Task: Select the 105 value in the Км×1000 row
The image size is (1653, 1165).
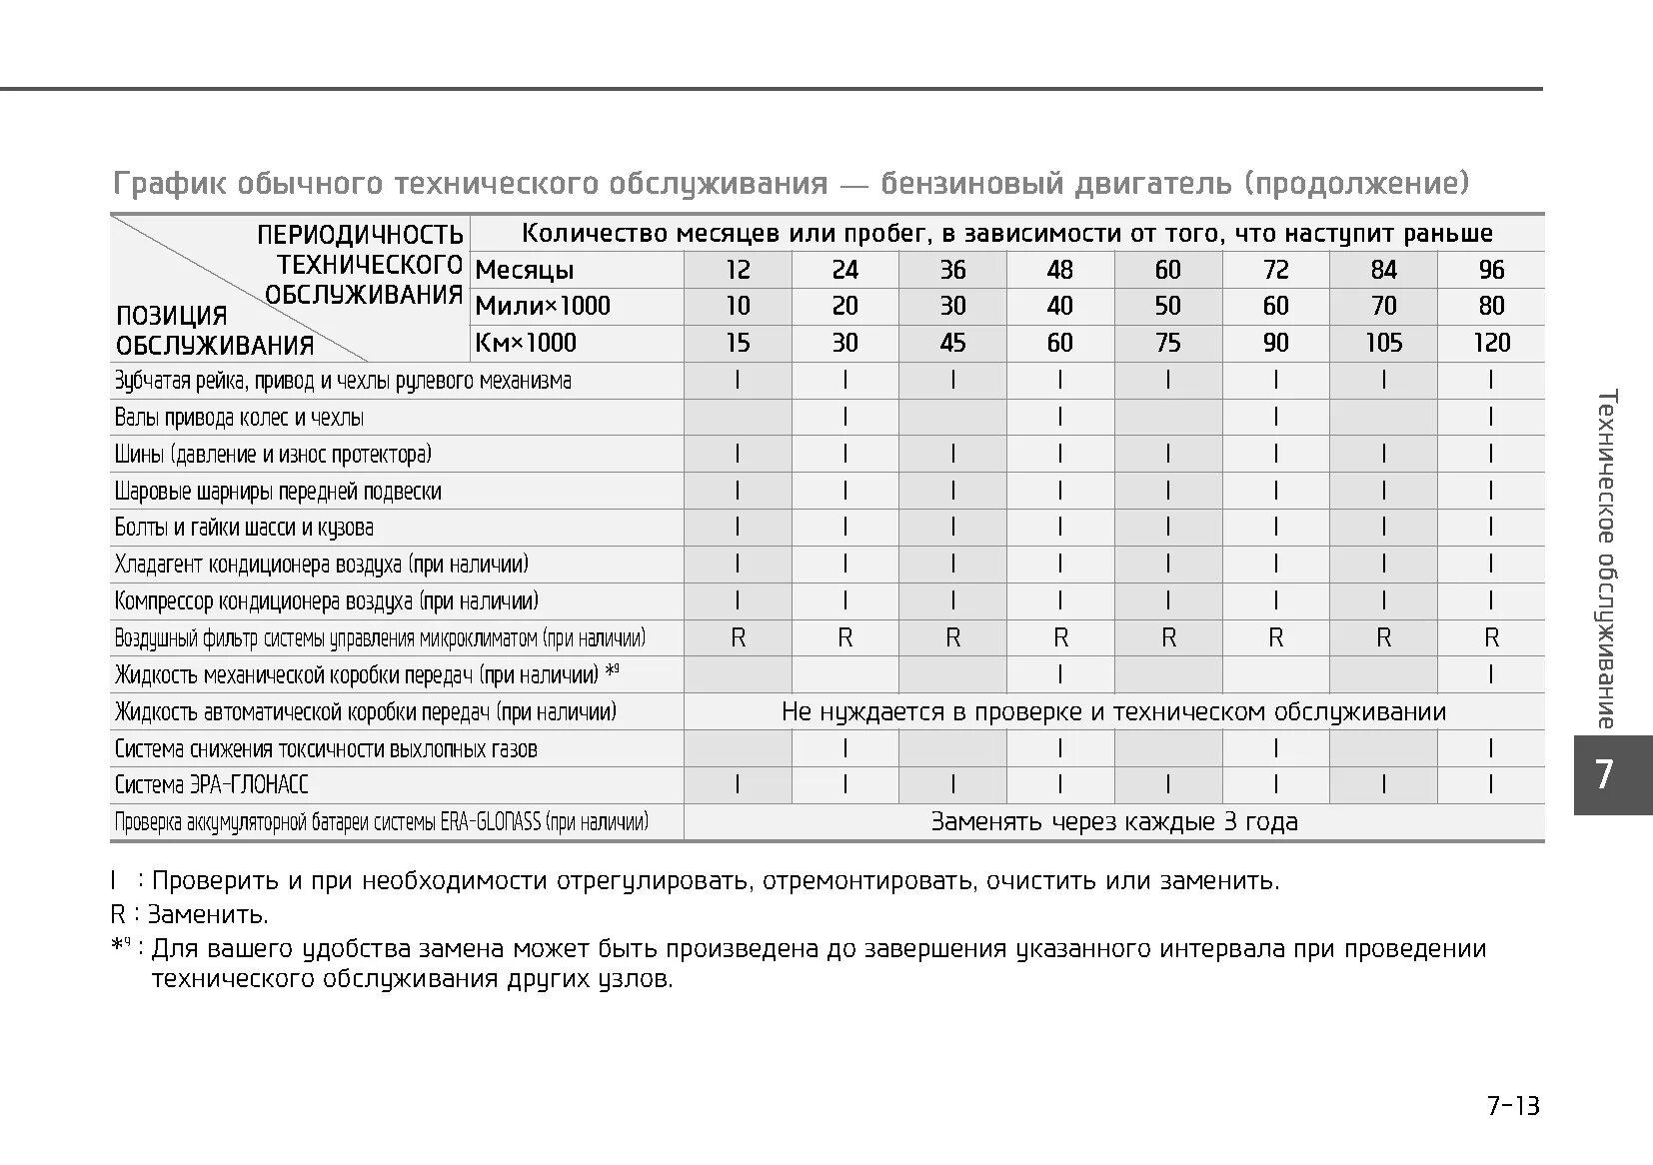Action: pyautogui.click(x=1383, y=344)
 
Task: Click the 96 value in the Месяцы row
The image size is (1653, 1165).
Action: pyautogui.click(x=1491, y=270)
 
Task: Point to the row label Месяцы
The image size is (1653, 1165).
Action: pyautogui.click(x=525, y=270)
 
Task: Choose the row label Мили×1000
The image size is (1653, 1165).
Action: pyautogui.click(x=543, y=306)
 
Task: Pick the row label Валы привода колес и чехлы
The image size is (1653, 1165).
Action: pyautogui.click(x=239, y=418)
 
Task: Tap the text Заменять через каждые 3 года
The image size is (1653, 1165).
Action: pyautogui.click(x=1114, y=822)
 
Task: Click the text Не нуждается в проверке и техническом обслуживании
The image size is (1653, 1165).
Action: pyautogui.click(x=1114, y=712)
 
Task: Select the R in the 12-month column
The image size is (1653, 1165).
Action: pyautogui.click(x=738, y=638)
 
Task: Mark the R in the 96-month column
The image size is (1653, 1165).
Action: pyautogui.click(x=1491, y=638)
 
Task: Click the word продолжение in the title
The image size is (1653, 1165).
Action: pyautogui.click(x=1357, y=185)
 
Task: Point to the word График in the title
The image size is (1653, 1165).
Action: pyautogui.click(x=169, y=185)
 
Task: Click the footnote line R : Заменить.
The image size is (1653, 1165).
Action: pyautogui.click(x=190, y=914)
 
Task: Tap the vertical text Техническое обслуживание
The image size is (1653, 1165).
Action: pyautogui.click(x=1606, y=560)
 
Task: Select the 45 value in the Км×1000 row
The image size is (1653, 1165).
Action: pyautogui.click(x=952, y=344)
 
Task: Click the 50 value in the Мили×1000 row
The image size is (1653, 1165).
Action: pyautogui.click(x=1167, y=306)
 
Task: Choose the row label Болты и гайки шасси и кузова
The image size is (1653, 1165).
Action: pyautogui.click(x=244, y=528)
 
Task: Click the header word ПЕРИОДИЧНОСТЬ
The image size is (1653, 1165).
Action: pyautogui.click(x=360, y=235)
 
